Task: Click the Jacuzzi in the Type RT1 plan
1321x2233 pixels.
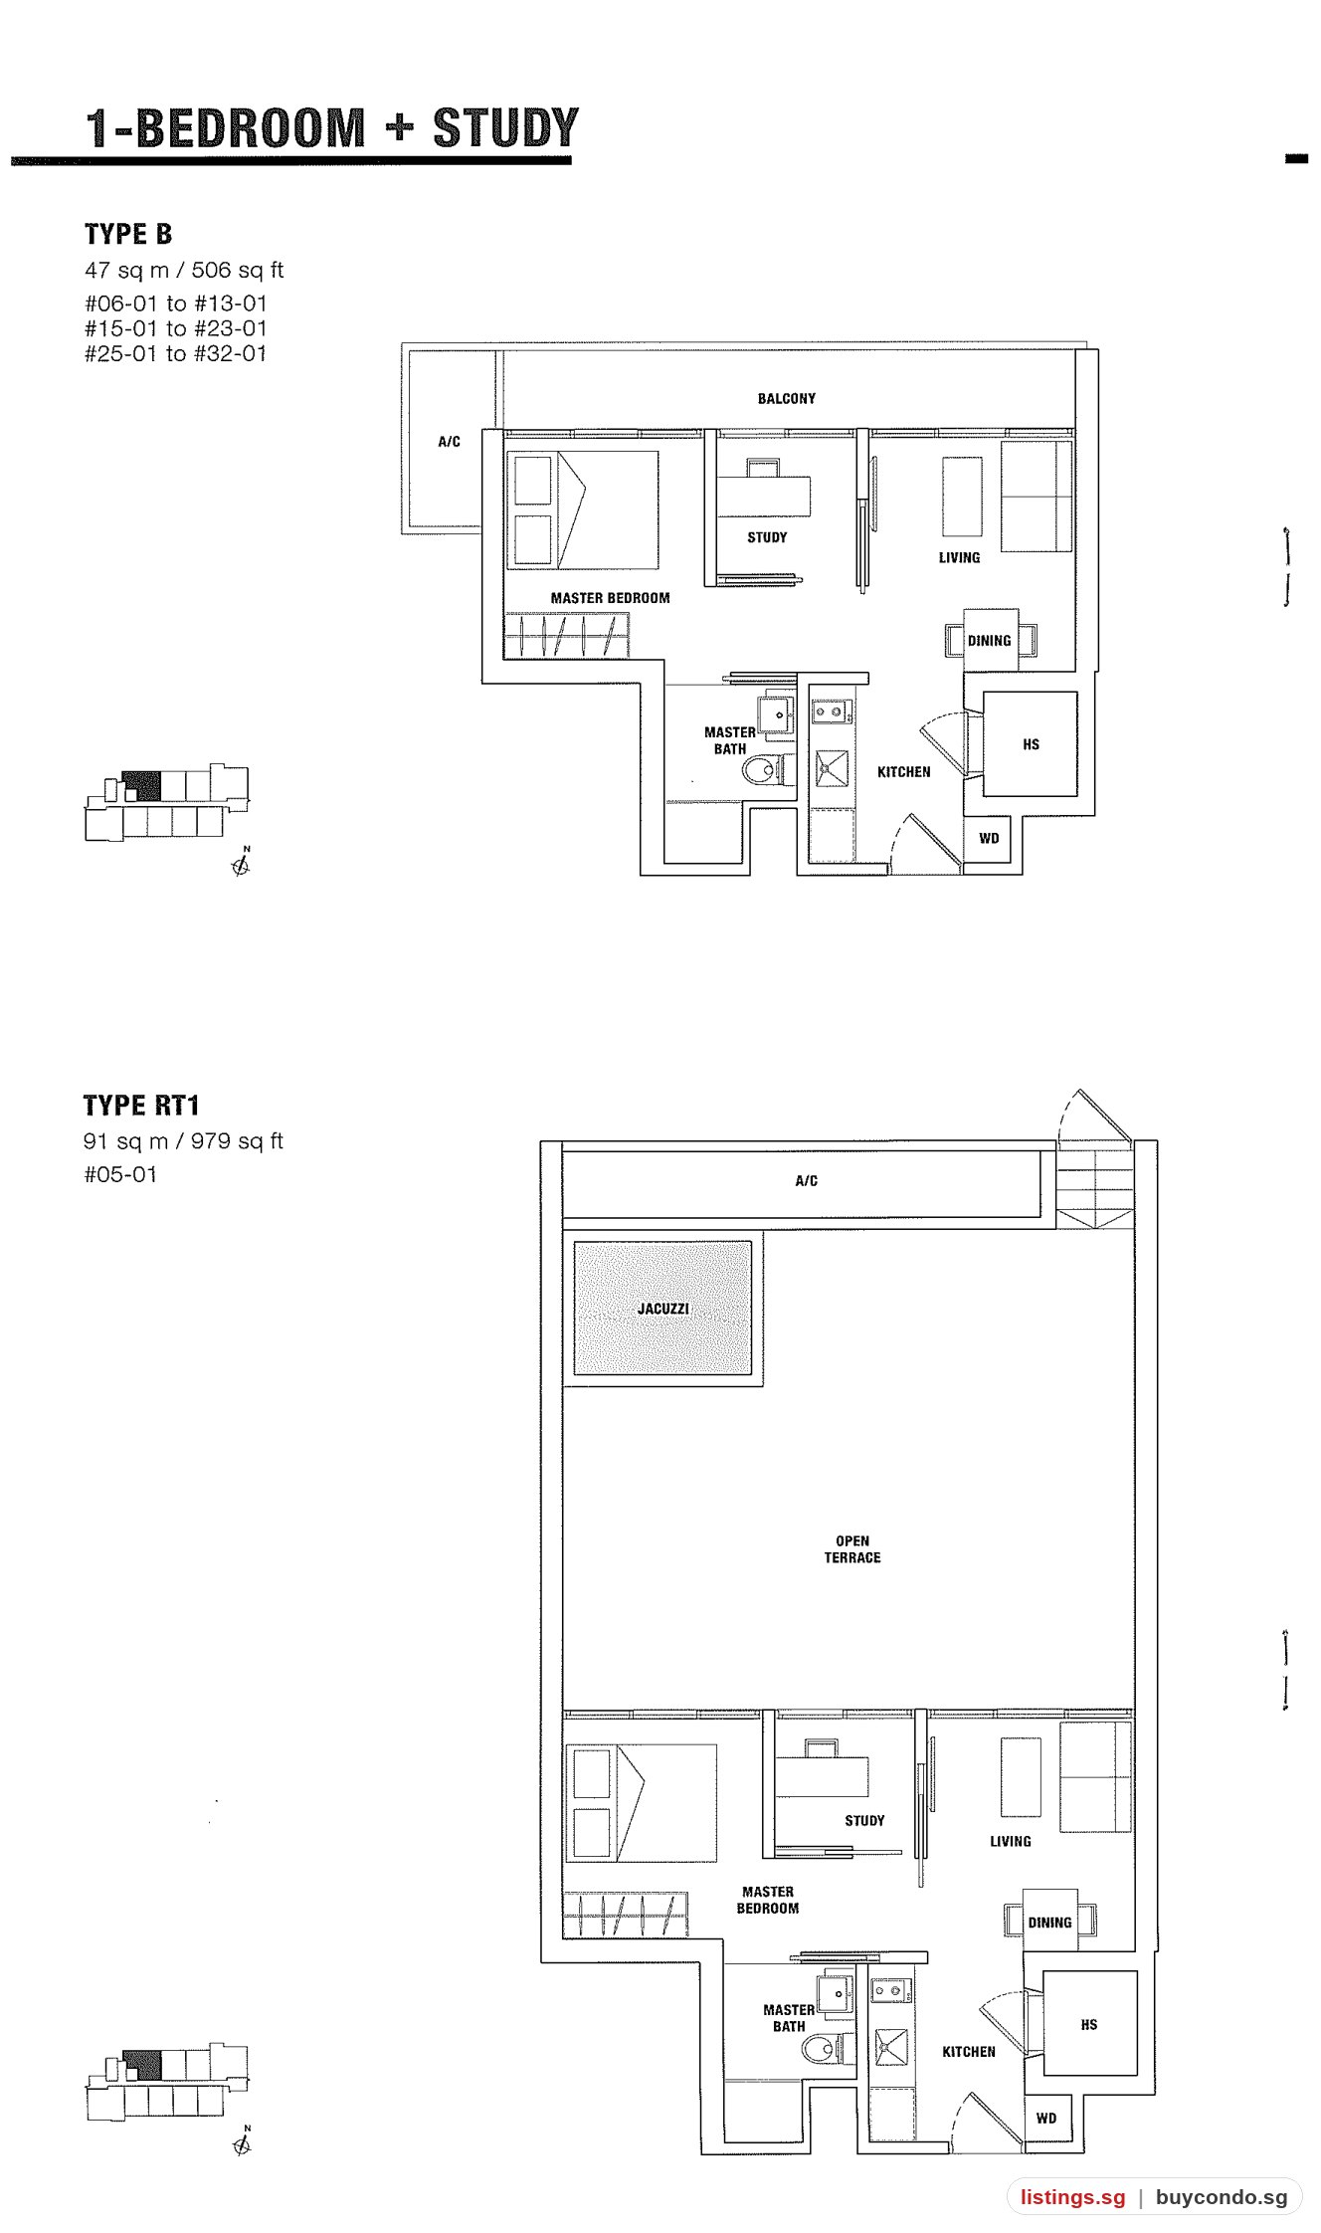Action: (x=662, y=1308)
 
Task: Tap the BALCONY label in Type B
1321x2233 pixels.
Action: (x=786, y=399)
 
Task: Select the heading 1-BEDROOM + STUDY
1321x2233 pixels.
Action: (x=332, y=128)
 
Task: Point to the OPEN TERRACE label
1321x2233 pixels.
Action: (x=852, y=1549)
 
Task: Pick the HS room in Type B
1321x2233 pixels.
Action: (x=1030, y=743)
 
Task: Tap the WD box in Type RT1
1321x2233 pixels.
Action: (x=1046, y=2118)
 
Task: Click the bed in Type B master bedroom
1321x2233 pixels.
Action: (x=582, y=510)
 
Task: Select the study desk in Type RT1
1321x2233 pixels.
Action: (x=822, y=1776)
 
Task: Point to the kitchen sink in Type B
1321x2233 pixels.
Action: (x=832, y=767)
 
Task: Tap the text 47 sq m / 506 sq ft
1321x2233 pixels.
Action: (x=184, y=271)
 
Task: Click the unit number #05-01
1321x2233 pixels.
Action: (x=120, y=1174)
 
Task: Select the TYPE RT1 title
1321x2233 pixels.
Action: (x=141, y=1106)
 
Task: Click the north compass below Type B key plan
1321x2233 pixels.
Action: (x=241, y=863)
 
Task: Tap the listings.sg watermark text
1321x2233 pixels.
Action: (x=1072, y=2197)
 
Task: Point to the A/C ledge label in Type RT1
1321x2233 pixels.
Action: (x=807, y=1181)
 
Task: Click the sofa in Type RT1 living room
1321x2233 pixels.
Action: (x=1095, y=1777)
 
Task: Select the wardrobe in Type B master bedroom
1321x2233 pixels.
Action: (x=567, y=635)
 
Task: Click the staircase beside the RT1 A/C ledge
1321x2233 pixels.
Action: (x=1094, y=1189)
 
